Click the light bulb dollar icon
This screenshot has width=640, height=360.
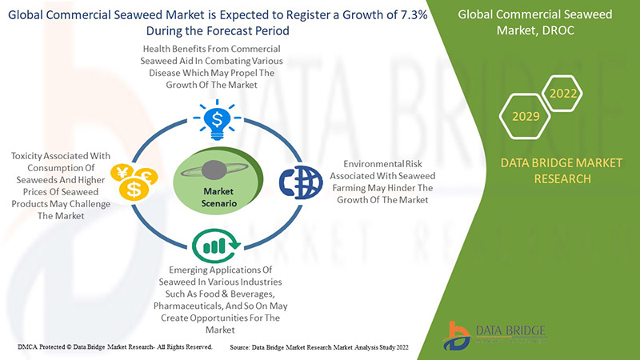coord(217,120)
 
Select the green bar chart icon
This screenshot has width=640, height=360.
coord(216,243)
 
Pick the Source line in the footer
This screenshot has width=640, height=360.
coord(320,346)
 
